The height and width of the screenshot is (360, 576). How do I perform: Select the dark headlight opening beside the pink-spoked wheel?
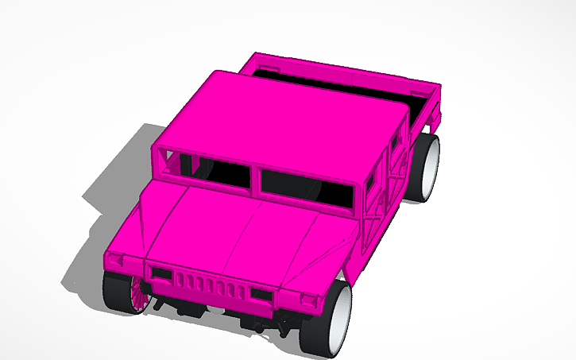[161, 273]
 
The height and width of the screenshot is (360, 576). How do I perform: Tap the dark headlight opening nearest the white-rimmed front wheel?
[261, 294]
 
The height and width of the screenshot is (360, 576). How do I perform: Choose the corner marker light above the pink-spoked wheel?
[116, 261]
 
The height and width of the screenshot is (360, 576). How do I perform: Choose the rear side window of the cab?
[395, 143]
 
